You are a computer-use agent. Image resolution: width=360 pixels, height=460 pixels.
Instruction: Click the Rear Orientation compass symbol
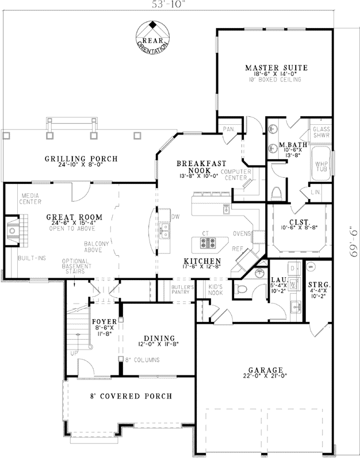[152, 36]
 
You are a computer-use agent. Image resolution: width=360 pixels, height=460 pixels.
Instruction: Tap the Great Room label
[75, 217]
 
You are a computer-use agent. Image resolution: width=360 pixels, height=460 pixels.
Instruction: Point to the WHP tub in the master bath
[321, 165]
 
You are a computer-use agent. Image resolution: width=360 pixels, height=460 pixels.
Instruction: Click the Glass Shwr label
[321, 133]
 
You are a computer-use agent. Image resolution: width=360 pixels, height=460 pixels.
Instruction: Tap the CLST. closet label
[299, 222]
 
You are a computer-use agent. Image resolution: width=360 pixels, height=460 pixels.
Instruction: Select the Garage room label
[265, 370]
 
